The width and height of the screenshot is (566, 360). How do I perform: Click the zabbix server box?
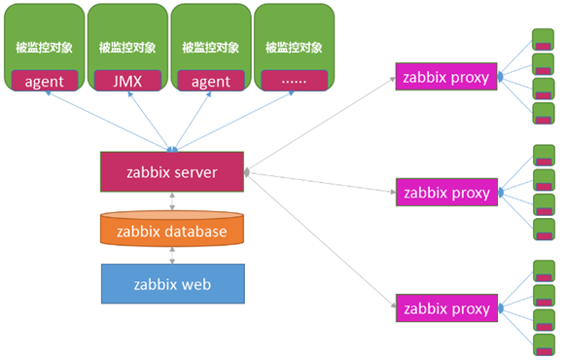point(171,172)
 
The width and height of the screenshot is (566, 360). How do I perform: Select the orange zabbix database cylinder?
point(171,231)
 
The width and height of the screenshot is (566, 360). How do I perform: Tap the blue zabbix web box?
point(171,283)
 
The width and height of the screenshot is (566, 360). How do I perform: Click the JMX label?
point(126,81)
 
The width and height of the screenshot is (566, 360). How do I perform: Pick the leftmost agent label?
point(44,81)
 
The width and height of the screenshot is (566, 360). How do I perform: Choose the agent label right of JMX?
point(210,81)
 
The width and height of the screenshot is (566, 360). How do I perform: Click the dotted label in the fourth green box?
point(293,81)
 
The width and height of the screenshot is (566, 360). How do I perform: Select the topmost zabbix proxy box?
point(446,77)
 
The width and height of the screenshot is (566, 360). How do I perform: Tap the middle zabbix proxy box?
point(446,192)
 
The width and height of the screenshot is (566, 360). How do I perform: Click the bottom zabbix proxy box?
point(446,308)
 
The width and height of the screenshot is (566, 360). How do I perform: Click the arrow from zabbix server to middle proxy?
point(321,182)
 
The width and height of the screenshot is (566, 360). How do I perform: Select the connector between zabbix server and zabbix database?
point(172,201)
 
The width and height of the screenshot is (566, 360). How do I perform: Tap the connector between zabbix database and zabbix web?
point(172,255)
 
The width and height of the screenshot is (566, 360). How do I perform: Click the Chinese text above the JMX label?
point(126,46)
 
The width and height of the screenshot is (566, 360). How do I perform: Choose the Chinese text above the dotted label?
point(293,46)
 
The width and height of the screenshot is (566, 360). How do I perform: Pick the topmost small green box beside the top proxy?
point(543,40)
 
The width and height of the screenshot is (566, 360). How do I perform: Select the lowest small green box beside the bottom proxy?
point(543,343)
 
